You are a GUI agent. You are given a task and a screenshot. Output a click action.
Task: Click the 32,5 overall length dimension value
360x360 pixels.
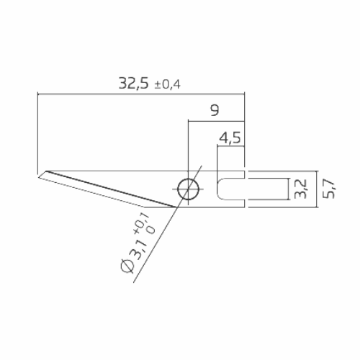tap(134, 83)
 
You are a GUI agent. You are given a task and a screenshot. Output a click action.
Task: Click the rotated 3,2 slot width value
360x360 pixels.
tap(300, 189)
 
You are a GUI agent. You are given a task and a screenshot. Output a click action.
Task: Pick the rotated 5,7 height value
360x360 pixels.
tap(329, 189)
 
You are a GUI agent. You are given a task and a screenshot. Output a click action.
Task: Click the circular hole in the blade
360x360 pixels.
tap(189, 189)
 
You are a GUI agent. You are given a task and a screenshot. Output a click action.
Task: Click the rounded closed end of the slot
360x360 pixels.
tap(220, 189)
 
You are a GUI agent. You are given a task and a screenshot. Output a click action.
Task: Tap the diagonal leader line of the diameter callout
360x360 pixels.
tap(155, 245)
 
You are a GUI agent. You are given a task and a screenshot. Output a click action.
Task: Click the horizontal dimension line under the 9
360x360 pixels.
tap(216, 120)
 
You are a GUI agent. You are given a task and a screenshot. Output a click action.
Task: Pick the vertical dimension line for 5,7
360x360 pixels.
tap(318, 189)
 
